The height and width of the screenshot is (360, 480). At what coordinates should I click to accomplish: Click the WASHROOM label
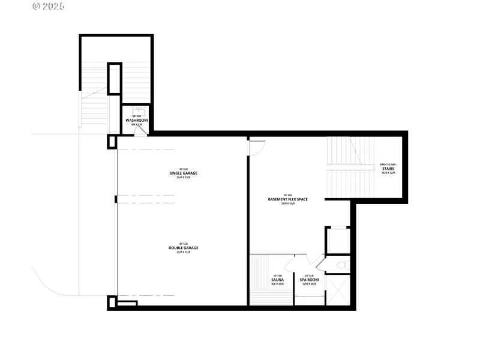[x=136, y=121]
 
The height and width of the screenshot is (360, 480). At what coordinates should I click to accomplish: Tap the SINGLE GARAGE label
[x=183, y=173]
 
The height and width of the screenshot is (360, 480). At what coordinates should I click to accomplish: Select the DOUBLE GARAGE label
[x=183, y=248]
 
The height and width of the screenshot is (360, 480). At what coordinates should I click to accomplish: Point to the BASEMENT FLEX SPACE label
[x=287, y=199]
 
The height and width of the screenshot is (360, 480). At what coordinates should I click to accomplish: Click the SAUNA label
[x=278, y=280]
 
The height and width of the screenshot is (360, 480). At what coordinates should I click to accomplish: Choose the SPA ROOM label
[x=309, y=280]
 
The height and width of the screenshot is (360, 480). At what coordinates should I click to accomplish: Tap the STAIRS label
[x=388, y=169]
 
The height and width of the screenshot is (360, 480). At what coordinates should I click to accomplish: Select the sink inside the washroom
[x=136, y=110]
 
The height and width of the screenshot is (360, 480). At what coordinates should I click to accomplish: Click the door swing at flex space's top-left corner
[x=256, y=148]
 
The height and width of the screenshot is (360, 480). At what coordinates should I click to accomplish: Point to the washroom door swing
[x=139, y=131]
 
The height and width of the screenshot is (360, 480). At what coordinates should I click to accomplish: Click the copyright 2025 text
[x=49, y=7]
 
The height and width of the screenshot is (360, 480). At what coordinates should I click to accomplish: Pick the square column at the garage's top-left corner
[x=112, y=142]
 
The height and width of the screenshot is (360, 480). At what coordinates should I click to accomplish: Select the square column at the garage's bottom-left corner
[x=112, y=302]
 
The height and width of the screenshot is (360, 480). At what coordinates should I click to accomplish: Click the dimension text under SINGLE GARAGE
[x=183, y=178]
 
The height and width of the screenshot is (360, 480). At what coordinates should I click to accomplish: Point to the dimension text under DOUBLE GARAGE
[x=183, y=252]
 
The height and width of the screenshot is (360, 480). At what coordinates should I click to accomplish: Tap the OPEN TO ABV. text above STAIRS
[x=388, y=164]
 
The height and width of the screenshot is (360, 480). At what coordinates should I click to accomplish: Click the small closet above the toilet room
[x=336, y=240]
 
